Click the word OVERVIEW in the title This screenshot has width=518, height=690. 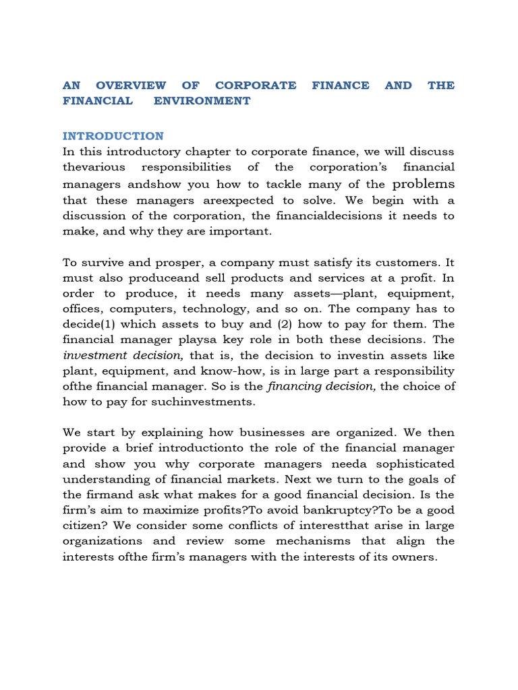131,85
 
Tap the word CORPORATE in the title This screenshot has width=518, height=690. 256,85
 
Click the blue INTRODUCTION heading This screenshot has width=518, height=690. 113,135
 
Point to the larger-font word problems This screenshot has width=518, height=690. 424,183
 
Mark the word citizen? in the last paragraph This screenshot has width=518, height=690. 86,526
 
